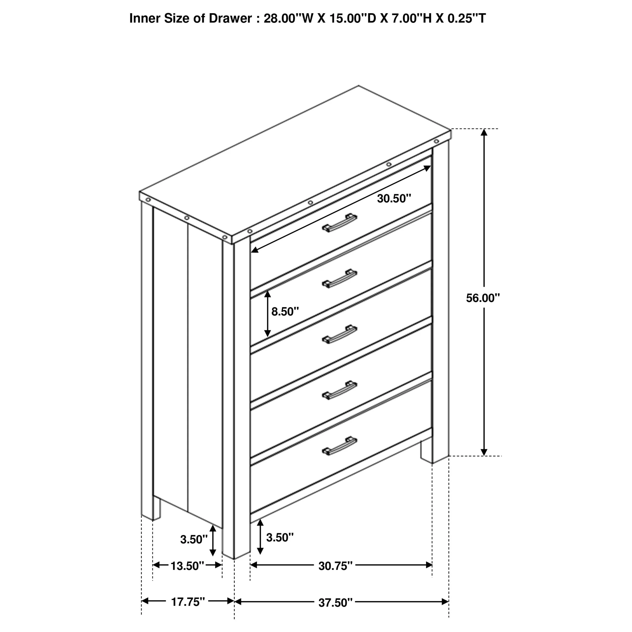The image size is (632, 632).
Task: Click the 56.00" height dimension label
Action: (x=483, y=298)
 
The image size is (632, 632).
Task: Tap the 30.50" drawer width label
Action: (x=394, y=198)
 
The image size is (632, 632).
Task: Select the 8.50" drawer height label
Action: (x=285, y=311)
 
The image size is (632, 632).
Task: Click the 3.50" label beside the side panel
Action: (x=194, y=539)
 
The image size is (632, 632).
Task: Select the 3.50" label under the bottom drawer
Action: (x=280, y=537)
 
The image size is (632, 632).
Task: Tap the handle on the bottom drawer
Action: (x=339, y=445)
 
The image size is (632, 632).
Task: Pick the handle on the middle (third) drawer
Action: (x=339, y=334)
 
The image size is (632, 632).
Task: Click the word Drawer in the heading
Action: (x=230, y=18)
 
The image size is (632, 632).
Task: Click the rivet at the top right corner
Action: (x=436, y=141)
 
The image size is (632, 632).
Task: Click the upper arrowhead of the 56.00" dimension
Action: (x=484, y=132)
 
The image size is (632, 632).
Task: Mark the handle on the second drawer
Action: (x=339, y=279)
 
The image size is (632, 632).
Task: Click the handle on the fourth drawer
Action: (x=339, y=390)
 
